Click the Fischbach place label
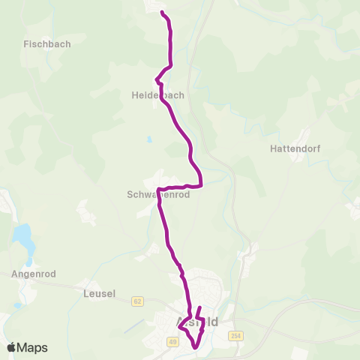(47, 43)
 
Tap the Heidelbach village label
(157, 95)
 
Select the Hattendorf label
(295, 148)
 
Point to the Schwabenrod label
(158, 193)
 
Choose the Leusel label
(100, 294)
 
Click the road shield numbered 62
(137, 301)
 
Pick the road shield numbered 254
(237, 335)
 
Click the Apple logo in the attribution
(11, 347)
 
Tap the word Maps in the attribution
(32, 347)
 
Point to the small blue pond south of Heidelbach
(149, 139)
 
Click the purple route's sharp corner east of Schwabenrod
(202, 185)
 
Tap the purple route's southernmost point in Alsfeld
(195, 347)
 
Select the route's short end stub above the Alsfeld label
(199, 308)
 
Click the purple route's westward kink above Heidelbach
(156, 79)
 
